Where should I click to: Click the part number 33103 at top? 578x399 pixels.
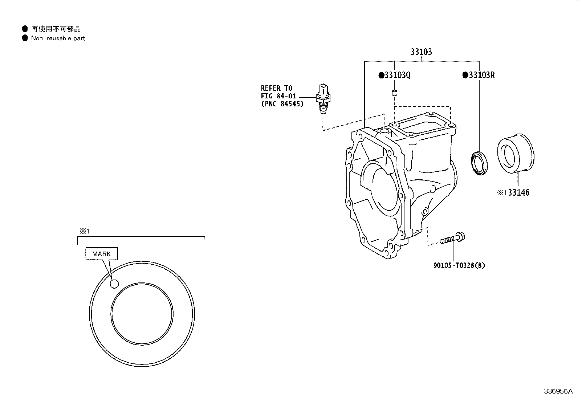tap(421, 52)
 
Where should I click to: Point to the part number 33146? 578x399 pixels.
tap(518, 192)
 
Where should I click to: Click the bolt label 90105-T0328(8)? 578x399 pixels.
tap(459, 265)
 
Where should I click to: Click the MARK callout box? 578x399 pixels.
tap(102, 254)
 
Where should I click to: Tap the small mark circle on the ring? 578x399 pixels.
tap(114, 284)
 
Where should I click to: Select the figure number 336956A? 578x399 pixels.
tap(558, 391)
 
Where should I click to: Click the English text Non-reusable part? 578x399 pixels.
tap(58, 38)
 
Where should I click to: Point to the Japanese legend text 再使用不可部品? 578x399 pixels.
tap(56, 29)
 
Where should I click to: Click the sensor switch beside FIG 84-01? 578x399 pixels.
tap(323, 99)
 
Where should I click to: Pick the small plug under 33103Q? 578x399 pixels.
tap(394, 92)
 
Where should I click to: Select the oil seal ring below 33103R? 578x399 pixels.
tap(480, 163)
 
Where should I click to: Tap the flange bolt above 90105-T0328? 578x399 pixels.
tap(452, 238)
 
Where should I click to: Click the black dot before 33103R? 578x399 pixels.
tap(465, 75)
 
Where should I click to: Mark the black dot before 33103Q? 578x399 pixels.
tap(381, 75)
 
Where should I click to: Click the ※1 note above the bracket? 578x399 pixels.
tap(84, 231)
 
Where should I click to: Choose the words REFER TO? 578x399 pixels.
tap(276, 88)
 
